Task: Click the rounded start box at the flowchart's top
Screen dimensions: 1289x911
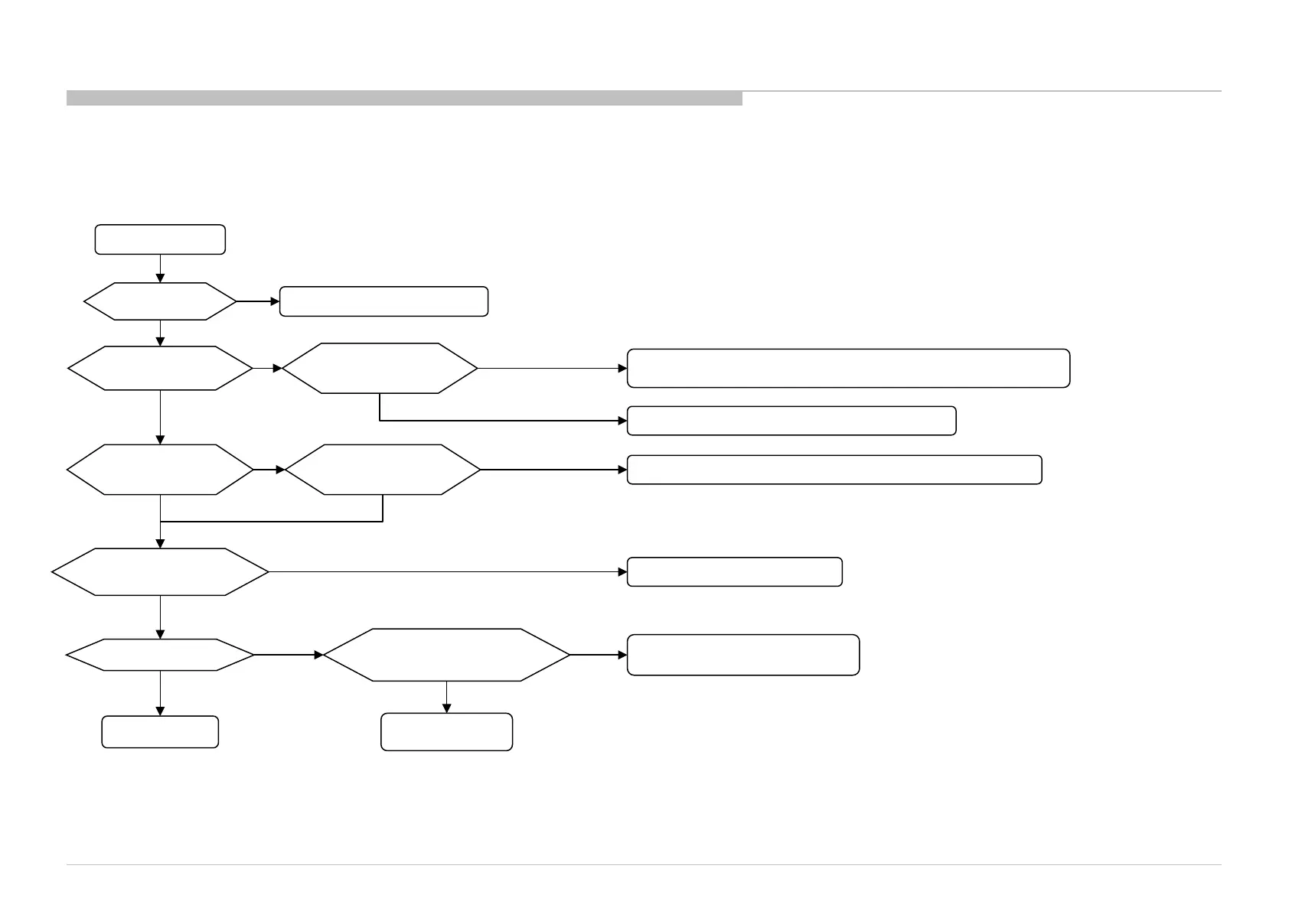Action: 160,239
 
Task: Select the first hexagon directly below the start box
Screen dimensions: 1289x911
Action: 160,301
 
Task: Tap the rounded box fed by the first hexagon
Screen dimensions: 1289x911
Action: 383,301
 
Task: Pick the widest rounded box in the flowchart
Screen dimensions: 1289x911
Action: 848,368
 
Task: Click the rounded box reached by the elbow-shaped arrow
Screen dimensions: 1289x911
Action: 791,421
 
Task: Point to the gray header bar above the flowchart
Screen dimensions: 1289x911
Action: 404,98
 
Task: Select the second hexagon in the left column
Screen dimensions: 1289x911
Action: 160,368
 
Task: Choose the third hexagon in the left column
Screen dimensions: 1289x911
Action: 160,470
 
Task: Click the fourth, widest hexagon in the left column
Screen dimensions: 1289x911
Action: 160,571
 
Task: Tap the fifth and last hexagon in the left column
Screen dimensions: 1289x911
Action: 160,656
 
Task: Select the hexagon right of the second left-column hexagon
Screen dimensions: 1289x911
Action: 380,368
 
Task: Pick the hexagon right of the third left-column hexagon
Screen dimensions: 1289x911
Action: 383,470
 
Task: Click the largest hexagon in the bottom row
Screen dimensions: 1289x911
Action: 447,655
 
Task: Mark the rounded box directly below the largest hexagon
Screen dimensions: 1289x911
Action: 447,732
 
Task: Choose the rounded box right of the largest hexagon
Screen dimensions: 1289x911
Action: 743,655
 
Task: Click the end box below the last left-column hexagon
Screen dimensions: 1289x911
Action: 160,732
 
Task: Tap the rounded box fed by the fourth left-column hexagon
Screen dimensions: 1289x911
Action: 735,571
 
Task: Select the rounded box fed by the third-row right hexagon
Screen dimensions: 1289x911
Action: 834,470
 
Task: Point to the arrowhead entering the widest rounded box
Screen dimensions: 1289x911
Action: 622,368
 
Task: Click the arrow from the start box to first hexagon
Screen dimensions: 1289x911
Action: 160,268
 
